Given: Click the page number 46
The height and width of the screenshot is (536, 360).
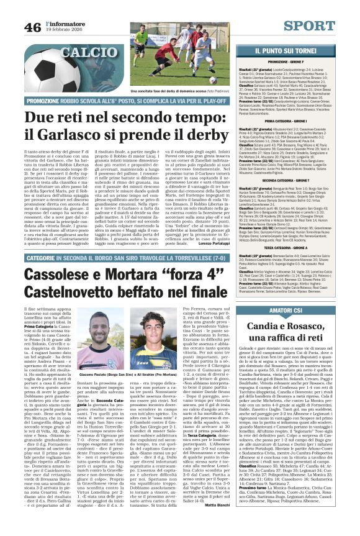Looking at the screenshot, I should [x=33, y=28].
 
